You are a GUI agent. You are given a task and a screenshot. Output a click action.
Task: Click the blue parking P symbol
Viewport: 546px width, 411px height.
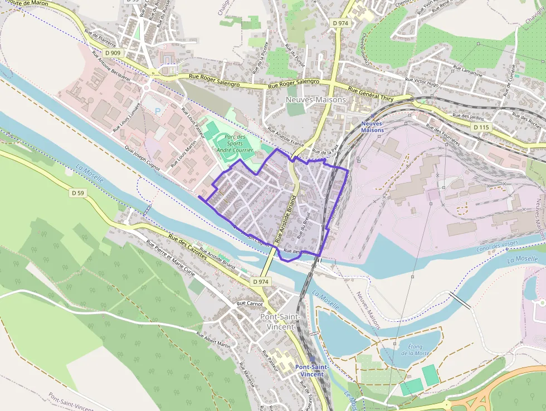[157, 111]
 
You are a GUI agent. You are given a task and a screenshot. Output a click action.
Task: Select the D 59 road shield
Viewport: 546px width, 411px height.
[78, 193]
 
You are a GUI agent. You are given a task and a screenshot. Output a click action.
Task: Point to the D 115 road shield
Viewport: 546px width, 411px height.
[482, 128]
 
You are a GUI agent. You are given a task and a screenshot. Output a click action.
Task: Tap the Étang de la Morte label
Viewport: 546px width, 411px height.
[415, 350]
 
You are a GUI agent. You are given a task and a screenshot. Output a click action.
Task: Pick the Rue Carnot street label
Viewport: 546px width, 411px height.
[249, 304]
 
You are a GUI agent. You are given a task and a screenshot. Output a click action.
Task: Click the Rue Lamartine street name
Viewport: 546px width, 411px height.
[467, 70]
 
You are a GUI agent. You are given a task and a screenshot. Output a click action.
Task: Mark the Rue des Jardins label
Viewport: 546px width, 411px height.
[468, 117]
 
